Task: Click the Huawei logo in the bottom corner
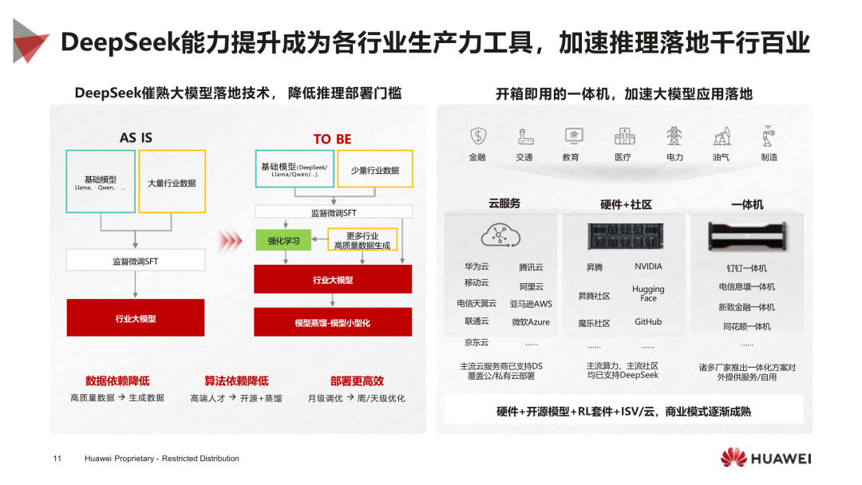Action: [765, 458]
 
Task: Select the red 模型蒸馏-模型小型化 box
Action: [333, 322]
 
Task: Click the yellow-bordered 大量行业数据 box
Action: [172, 183]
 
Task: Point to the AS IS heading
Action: [136, 138]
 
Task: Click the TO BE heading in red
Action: [332, 139]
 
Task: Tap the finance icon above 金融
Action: [477, 136]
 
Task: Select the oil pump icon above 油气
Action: [722, 136]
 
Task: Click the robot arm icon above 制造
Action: [769, 135]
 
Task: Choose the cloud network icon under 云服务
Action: [500, 235]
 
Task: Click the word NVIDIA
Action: [648, 266]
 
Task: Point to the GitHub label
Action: [648, 321]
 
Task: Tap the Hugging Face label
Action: [648, 294]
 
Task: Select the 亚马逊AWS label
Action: [532, 304]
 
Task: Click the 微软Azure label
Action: [531, 322]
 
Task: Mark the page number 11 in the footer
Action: [57, 459]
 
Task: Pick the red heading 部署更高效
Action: [357, 381]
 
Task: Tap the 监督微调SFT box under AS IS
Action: [135, 261]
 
